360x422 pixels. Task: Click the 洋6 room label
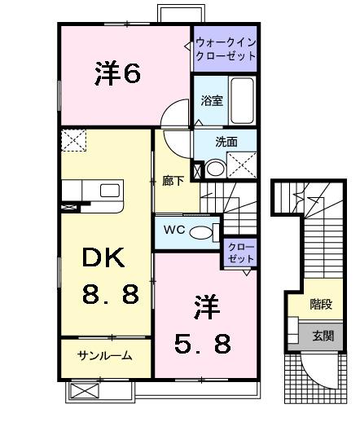coord(117,73)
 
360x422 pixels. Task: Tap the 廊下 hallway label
coord(173,181)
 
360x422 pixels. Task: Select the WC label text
coord(173,230)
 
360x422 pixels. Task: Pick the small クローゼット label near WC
coord(240,252)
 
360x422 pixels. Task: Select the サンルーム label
coord(105,356)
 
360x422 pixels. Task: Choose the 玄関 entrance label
coord(322,334)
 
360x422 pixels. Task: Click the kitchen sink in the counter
coord(111,191)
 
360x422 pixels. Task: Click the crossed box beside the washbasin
coord(243,166)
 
